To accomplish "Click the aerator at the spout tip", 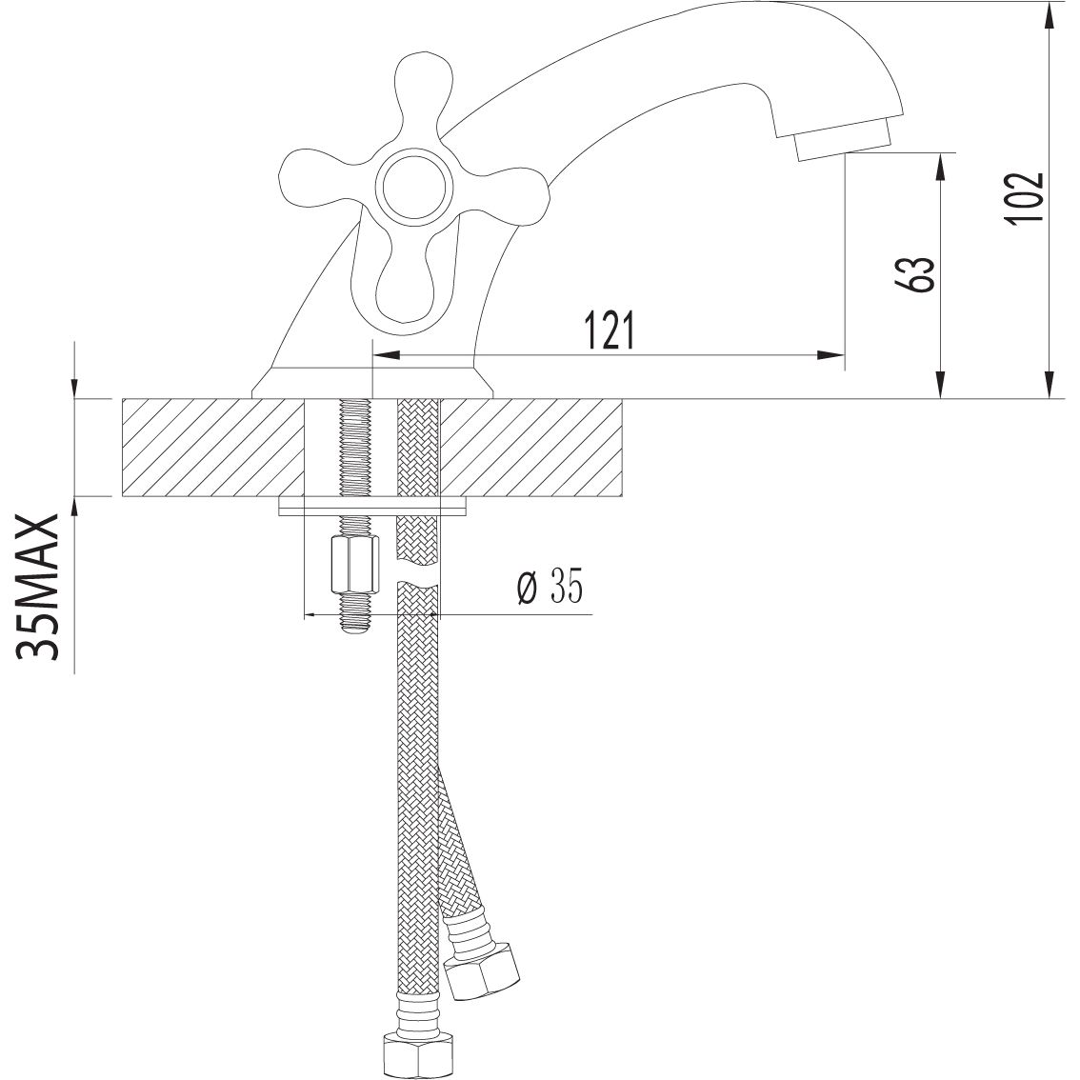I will pyautogui.click(x=842, y=142).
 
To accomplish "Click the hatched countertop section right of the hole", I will pyautogui.click(x=533, y=447).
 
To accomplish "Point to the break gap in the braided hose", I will pyautogui.click(x=417, y=576).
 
